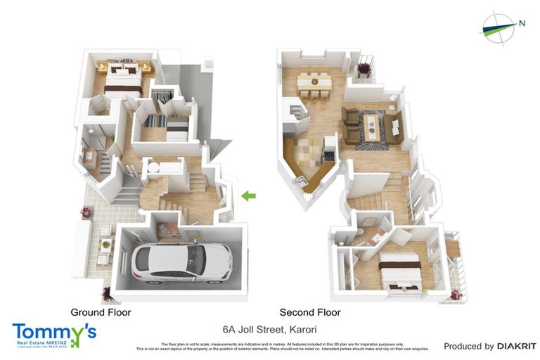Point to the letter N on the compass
click(x=522, y=22)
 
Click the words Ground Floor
click(x=101, y=311)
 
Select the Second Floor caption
click(x=310, y=312)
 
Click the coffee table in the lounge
click(x=371, y=129)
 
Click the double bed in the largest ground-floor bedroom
click(x=125, y=82)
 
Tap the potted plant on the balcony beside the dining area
click(x=364, y=68)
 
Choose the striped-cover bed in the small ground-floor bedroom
click(x=169, y=127)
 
